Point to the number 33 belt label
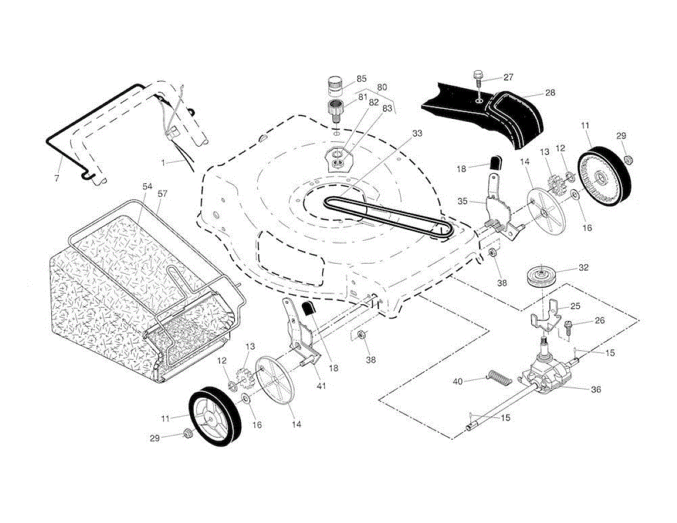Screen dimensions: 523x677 tap(417, 134)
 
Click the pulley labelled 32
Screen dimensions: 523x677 tap(540, 276)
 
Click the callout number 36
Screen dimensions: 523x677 tap(595, 389)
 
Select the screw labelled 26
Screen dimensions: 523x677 tap(569, 325)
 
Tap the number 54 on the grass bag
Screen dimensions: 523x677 tap(147, 187)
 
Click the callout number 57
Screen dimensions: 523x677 tap(162, 194)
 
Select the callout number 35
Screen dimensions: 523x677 tap(463, 201)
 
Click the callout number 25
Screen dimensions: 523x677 tap(575, 306)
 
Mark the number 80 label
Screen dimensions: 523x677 tap(382, 87)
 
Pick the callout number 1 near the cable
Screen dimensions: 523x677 tap(163, 162)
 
